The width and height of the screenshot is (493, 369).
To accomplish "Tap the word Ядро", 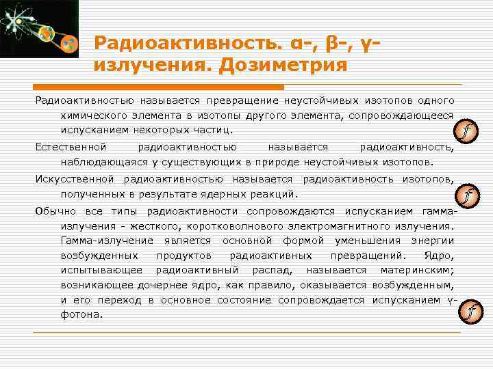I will [438, 256].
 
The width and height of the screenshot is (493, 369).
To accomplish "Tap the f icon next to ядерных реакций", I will [468, 197].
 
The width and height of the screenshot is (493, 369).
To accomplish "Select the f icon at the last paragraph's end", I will [469, 313].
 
